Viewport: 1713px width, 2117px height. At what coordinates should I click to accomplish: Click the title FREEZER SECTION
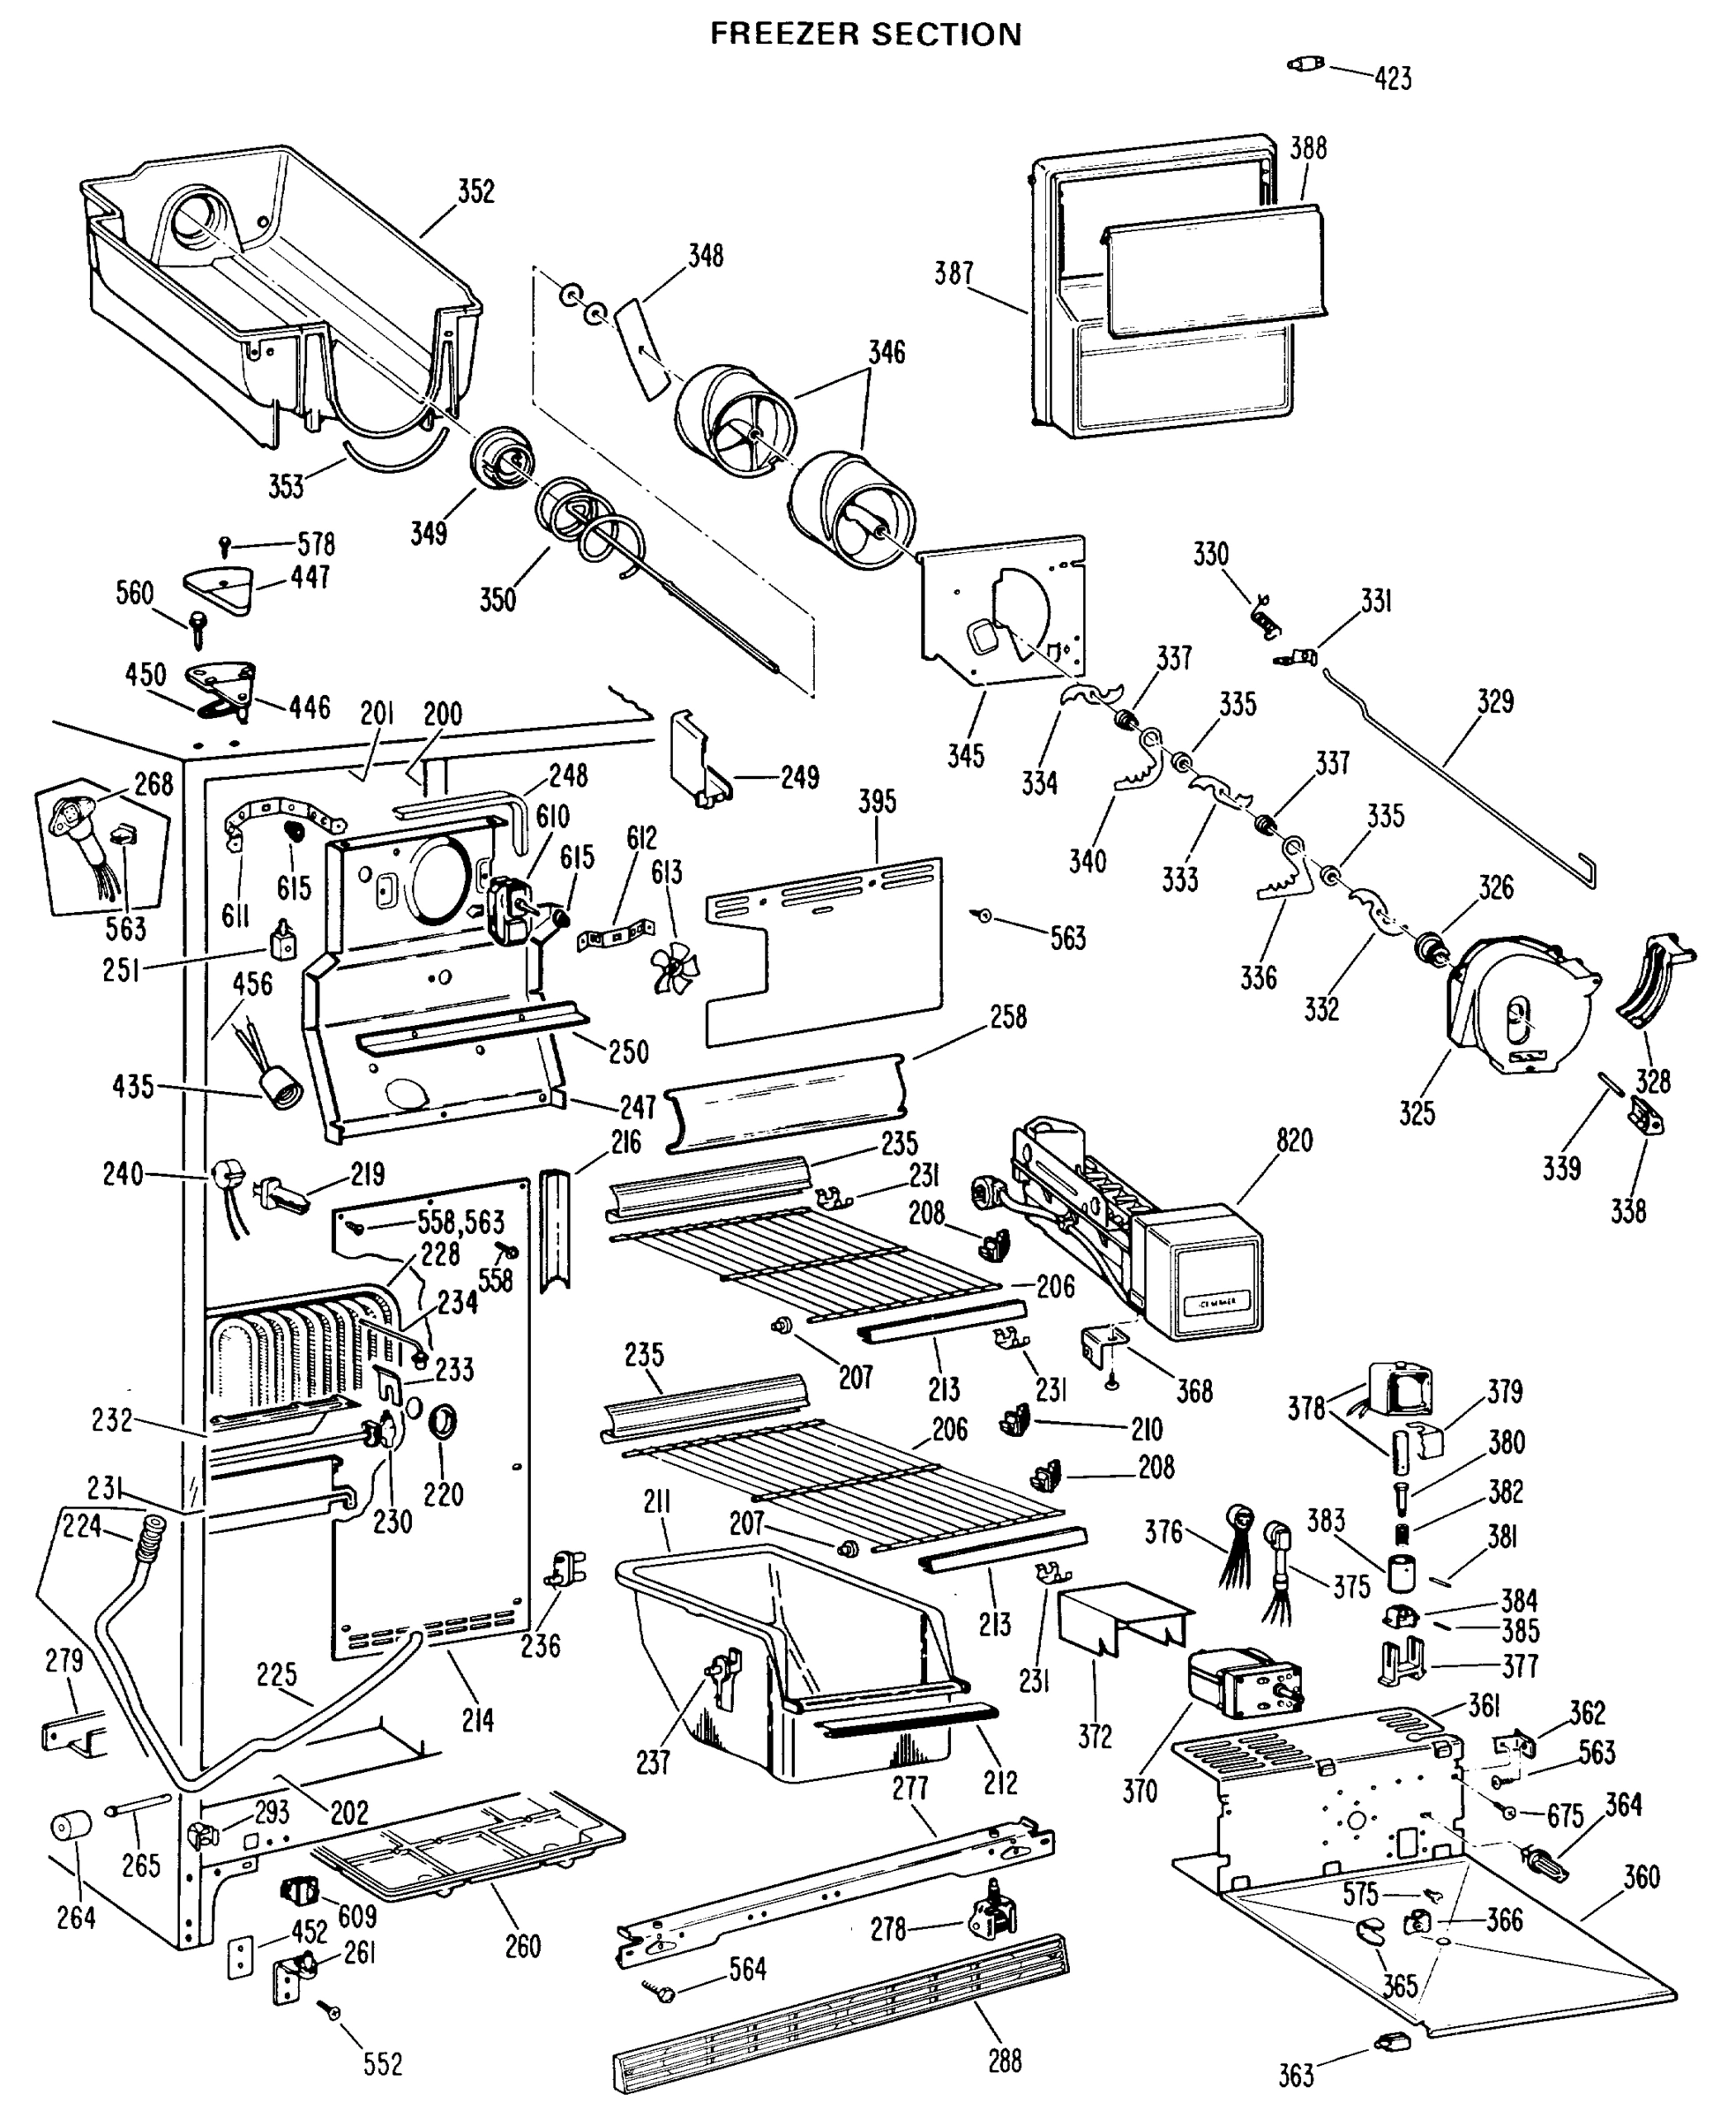pos(865,34)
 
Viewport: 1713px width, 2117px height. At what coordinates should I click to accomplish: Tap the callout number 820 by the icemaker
pos(1294,1141)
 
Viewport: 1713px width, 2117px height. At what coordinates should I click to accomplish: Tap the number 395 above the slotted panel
pos(876,801)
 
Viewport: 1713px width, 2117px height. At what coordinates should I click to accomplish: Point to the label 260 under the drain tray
pos(522,1947)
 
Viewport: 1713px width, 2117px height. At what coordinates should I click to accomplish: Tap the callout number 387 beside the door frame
pos(954,273)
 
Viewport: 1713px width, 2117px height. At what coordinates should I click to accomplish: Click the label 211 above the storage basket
pos(657,1502)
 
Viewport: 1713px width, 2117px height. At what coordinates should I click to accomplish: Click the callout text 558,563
pos(460,1223)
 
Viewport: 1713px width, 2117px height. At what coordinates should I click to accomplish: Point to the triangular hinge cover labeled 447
pos(217,590)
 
